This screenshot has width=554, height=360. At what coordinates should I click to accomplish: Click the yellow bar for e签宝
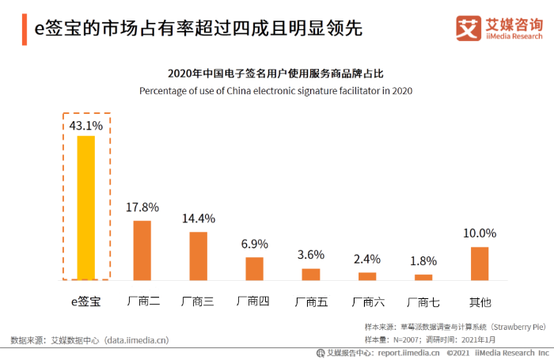tap(85, 208)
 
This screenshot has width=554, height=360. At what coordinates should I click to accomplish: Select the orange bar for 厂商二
tap(142, 250)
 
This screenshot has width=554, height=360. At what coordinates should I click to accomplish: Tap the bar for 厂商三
tap(198, 256)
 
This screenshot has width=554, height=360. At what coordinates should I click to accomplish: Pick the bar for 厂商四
tap(254, 268)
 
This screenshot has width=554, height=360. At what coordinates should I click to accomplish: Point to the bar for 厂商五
tap(311, 274)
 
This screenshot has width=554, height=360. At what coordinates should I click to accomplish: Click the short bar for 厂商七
tap(423, 277)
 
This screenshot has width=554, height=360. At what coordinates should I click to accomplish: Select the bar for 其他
tap(480, 263)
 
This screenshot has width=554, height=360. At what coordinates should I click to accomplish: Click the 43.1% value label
tap(85, 125)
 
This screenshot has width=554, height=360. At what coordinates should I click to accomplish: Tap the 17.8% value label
tap(142, 207)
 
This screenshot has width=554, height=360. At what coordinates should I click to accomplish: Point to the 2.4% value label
tap(367, 259)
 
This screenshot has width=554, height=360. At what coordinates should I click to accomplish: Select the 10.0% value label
tap(480, 233)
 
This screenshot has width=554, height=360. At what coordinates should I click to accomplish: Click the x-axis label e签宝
tap(85, 301)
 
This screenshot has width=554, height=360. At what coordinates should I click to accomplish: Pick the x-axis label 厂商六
tap(367, 301)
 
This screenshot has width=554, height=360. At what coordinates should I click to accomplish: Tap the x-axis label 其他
tap(480, 301)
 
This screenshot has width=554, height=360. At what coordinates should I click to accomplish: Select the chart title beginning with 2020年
tap(276, 74)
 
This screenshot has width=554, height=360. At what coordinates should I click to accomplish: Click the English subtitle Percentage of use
tap(276, 90)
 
